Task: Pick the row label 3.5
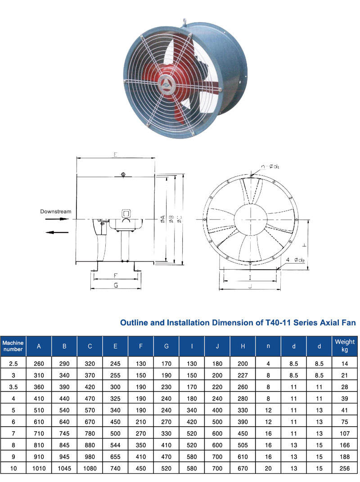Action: [13, 387]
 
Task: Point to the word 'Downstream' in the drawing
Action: [55, 211]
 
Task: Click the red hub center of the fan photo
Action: [165, 84]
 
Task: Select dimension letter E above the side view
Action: [116, 155]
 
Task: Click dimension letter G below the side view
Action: [116, 285]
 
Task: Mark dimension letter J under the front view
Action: [250, 285]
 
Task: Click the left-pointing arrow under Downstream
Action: [57, 232]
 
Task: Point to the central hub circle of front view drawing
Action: [250, 219]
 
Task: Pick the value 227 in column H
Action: [243, 374]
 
